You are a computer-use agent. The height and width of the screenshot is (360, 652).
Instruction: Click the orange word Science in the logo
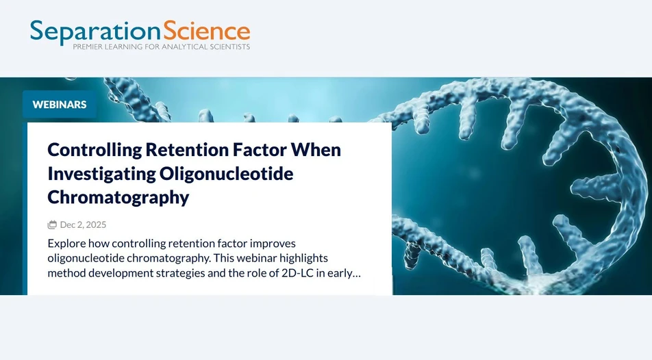pos(206,31)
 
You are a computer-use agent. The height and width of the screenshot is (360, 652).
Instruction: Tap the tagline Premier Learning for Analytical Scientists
pos(162,47)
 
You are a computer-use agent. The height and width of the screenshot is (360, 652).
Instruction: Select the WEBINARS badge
pos(60,105)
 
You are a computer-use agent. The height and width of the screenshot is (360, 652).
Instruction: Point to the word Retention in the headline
pos(180,150)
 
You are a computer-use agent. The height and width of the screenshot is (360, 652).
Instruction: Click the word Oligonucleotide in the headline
pos(227,174)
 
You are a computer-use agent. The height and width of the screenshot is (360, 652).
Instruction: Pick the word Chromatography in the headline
pos(118,197)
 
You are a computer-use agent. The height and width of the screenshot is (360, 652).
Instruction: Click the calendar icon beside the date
pos(52,224)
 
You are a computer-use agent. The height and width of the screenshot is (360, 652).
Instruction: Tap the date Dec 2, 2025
pos(83,224)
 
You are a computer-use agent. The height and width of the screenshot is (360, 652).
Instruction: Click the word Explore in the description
pos(66,243)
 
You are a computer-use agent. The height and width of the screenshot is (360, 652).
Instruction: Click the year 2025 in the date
pos(95,224)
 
